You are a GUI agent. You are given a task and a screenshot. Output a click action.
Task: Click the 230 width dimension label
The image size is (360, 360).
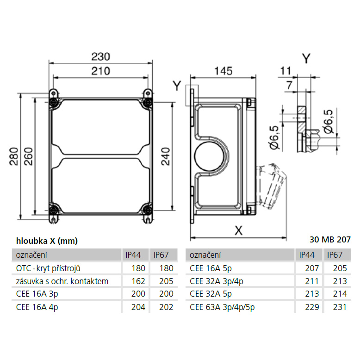click(x=100, y=56)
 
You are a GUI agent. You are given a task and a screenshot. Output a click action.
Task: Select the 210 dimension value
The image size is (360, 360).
click(x=100, y=71)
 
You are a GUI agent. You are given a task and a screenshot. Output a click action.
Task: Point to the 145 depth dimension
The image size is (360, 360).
click(x=223, y=71)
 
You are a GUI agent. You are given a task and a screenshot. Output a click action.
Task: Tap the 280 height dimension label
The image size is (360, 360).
click(x=14, y=156)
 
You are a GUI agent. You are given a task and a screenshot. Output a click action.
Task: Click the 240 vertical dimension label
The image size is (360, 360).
click(x=166, y=156)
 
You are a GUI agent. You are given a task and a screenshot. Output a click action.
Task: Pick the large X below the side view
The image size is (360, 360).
click(x=239, y=230)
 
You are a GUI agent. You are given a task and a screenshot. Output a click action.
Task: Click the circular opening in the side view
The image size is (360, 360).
click(x=209, y=156)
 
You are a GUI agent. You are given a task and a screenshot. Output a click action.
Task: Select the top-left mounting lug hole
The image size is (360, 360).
click(x=54, y=93)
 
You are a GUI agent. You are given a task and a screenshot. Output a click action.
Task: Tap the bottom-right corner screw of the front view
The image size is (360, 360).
click(x=148, y=210)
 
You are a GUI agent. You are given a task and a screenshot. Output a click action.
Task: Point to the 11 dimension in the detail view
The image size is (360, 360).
click(x=286, y=71)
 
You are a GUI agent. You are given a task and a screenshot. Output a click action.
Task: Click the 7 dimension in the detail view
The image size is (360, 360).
click(x=289, y=86)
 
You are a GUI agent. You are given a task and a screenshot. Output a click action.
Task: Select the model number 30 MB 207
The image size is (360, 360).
click(x=330, y=240)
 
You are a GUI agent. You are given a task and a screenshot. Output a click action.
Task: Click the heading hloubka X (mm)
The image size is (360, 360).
click(x=47, y=241)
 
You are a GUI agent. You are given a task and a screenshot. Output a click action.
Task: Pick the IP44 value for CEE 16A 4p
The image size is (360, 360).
click(x=138, y=307)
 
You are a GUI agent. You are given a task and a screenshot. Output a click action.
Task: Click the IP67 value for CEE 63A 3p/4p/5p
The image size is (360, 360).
click(x=340, y=307)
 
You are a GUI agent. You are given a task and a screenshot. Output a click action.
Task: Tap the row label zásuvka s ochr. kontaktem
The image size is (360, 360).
click(x=62, y=281)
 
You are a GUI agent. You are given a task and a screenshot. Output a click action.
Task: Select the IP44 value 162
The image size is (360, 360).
click(x=138, y=281)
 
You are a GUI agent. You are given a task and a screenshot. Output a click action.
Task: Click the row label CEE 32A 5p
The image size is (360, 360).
click(x=211, y=294)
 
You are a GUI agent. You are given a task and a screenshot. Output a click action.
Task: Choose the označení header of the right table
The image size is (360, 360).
click(x=205, y=255)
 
